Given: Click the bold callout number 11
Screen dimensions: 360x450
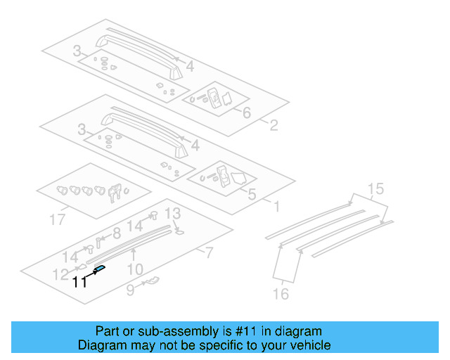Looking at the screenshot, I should [79, 282].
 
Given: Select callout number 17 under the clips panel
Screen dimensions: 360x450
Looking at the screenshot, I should [58, 220].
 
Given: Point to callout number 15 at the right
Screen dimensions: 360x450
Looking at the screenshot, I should [376, 188].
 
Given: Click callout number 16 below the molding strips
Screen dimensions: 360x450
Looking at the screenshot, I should [281, 294].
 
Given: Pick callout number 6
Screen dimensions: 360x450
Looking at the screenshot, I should [246, 113].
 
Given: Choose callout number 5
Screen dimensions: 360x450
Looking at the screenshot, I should [252, 194].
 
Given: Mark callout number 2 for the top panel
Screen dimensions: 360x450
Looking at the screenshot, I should [273, 127].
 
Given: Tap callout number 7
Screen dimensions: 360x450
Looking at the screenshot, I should [208, 252].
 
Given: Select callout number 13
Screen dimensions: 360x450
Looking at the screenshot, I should [173, 213].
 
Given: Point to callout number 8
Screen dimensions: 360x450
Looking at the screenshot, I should [117, 233].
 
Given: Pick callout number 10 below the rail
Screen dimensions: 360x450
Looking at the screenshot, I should [135, 269].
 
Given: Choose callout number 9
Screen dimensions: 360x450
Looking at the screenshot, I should [130, 289].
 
